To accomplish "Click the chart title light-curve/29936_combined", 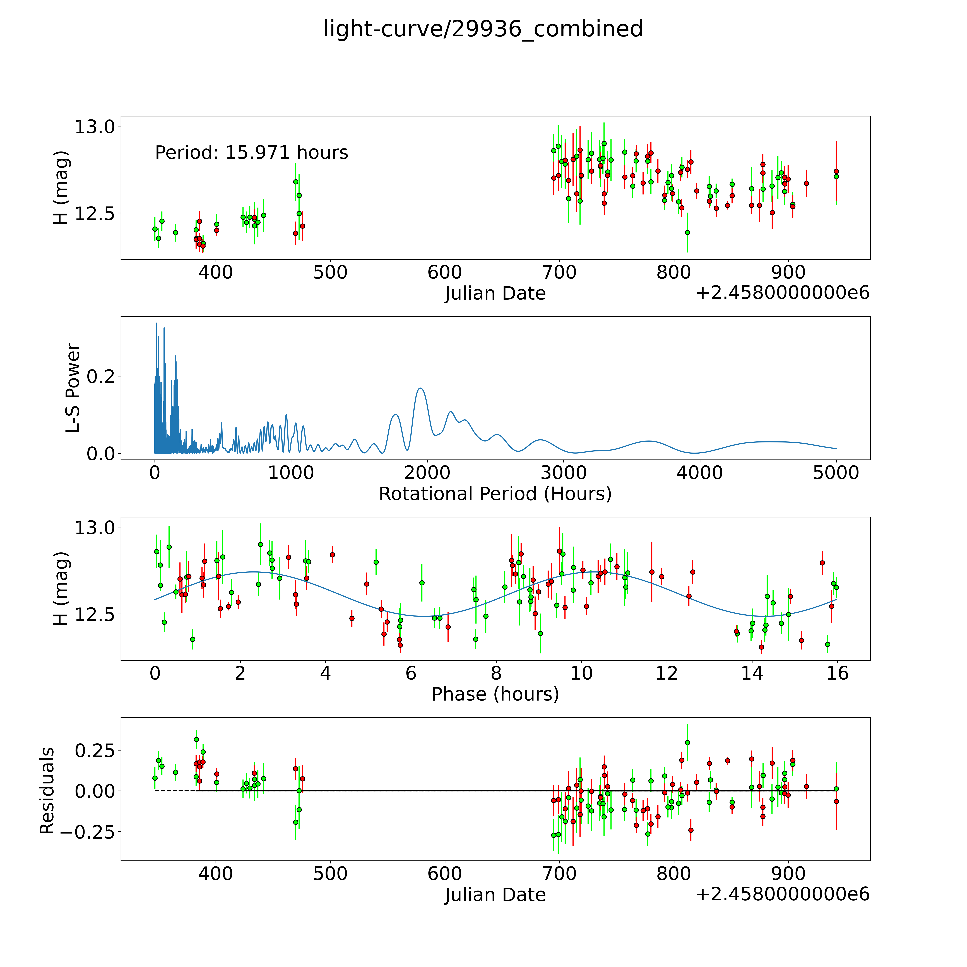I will pos(483,29).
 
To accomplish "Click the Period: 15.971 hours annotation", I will pos(251,153).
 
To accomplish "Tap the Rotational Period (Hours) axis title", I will pos(495,494).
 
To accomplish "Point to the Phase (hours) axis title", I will pos(495,694).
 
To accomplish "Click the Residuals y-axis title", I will pos(47,791).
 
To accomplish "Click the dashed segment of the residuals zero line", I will pos(175,791).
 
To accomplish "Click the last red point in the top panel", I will pos(836,171).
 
